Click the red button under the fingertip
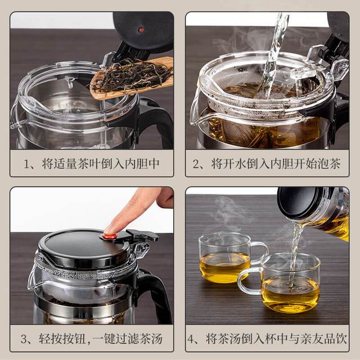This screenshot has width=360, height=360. click(x=110, y=236)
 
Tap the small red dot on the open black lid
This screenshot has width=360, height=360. click(x=141, y=30)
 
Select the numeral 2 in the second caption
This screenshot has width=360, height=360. click(x=196, y=164)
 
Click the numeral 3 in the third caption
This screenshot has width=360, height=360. click(x=24, y=339)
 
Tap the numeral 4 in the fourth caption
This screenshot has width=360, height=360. click(x=191, y=339)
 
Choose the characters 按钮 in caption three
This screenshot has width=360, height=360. click(x=74, y=339)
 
